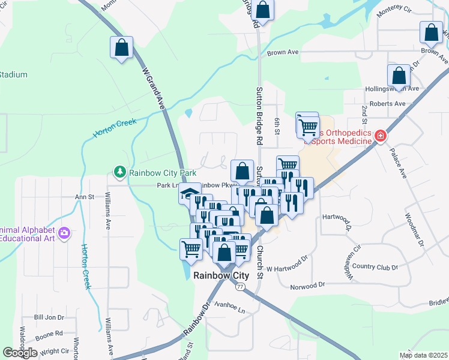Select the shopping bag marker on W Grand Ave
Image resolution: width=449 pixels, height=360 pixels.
click(x=122, y=49)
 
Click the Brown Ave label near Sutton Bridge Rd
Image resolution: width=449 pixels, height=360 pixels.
click(x=283, y=53)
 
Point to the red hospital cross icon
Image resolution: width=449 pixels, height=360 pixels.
click(x=379, y=137)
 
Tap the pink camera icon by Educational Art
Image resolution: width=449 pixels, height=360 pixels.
click(x=65, y=233)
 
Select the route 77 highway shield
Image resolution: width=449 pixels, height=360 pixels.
click(x=240, y=287)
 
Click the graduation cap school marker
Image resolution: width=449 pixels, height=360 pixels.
click(x=188, y=193)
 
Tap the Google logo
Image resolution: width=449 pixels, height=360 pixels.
click(x=20, y=353)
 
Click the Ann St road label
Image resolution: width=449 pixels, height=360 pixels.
click(x=85, y=196)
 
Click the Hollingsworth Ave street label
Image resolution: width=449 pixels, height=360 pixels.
click(x=391, y=89)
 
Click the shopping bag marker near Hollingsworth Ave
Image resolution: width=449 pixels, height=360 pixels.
click(x=399, y=76)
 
